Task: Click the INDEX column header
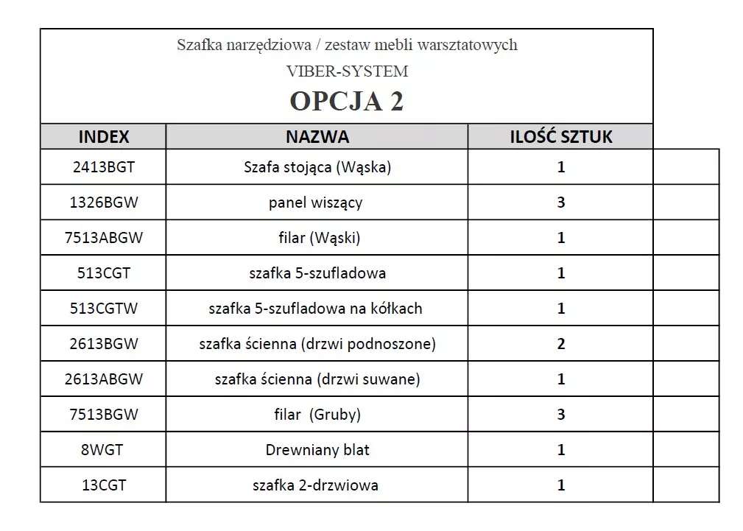[x=104, y=137]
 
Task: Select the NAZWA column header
[x=317, y=137]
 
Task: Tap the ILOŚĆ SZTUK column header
[x=561, y=137]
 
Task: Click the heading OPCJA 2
[x=346, y=101]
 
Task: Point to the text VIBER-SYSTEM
[x=347, y=71]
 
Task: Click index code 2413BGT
[x=104, y=167]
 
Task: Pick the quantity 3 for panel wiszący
[x=561, y=203]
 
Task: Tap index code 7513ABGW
[x=104, y=238]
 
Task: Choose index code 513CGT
[x=104, y=273]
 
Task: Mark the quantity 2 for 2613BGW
[x=561, y=344]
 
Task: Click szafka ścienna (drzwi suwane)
[x=317, y=379]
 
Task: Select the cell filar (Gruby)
[x=317, y=415]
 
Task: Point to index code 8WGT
[x=104, y=450]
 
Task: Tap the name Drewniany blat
[x=317, y=450]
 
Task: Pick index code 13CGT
[x=104, y=485]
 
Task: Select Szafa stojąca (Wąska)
[x=317, y=167]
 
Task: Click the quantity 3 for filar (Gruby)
[x=561, y=415]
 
